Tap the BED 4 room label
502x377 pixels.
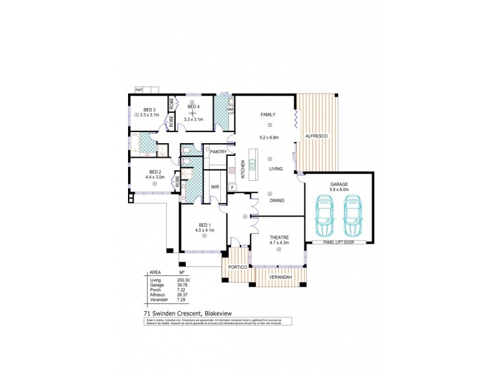tap(193, 107)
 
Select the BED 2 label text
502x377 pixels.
tap(156, 172)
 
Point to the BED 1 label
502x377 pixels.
tap(205, 225)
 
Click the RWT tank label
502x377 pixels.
tap(138, 90)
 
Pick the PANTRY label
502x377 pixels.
tap(218, 151)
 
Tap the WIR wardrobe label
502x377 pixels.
tap(215, 187)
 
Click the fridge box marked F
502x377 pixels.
tap(232, 187)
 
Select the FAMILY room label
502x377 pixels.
tap(269, 114)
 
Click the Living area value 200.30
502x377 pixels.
tap(184, 280)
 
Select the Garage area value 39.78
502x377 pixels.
tap(183, 285)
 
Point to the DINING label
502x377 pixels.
tap(277, 200)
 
